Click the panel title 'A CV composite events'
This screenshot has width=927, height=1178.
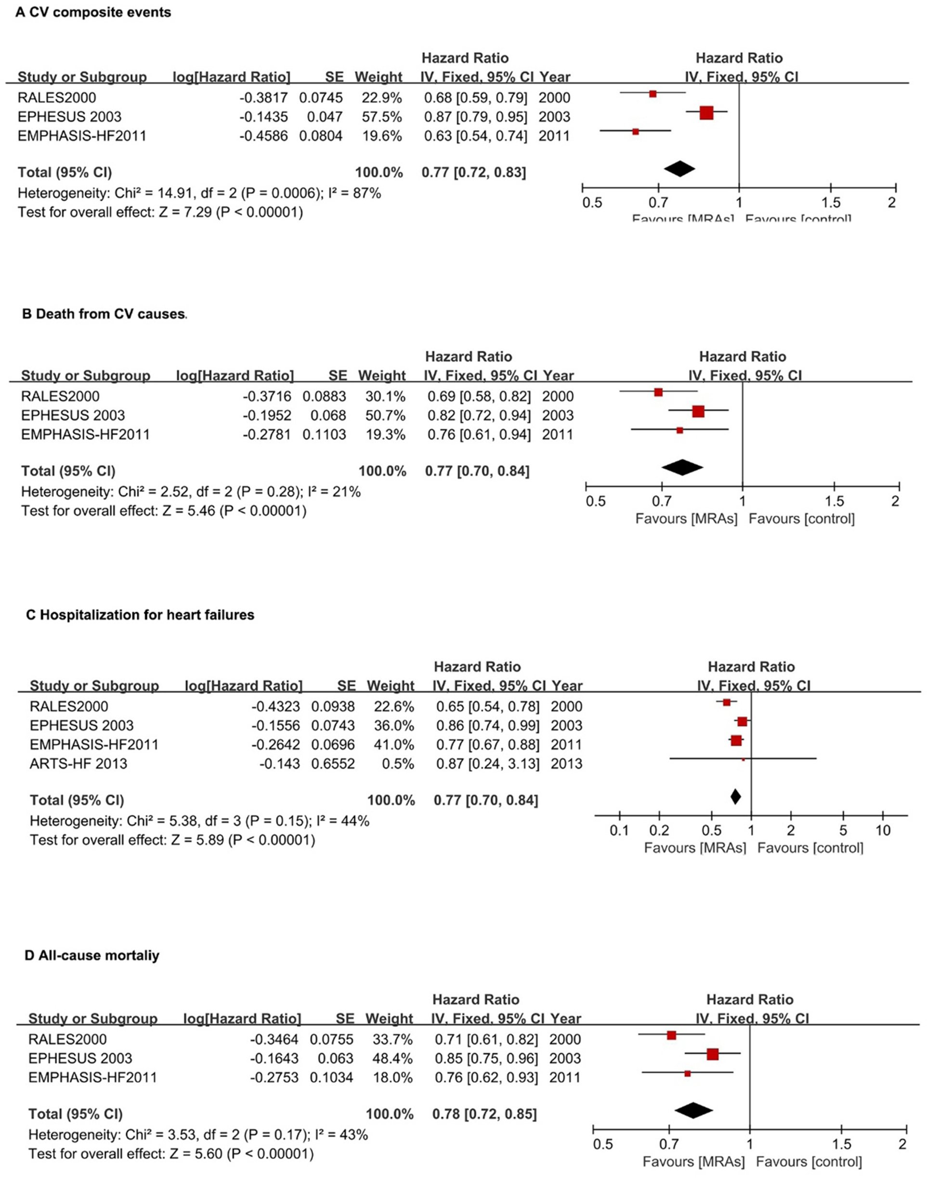tap(93, 13)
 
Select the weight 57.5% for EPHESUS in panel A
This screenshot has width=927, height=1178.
tap(382, 117)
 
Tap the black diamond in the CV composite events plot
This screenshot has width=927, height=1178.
tap(679, 169)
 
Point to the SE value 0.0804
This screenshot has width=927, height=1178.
tap(321, 136)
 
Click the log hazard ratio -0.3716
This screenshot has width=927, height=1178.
tap(267, 397)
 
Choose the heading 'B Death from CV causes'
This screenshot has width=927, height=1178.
tap(104, 314)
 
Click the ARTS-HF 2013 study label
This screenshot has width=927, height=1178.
tap(78, 764)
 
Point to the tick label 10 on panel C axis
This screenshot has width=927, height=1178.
tap(883, 831)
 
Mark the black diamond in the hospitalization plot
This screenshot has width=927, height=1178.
tap(735, 797)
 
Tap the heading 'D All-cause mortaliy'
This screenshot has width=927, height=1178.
tap(92, 956)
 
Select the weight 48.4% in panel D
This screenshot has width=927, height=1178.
tap(389, 1059)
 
